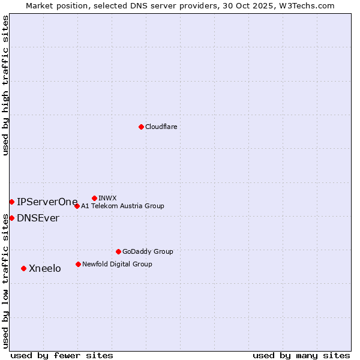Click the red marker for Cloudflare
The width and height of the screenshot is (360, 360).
141,127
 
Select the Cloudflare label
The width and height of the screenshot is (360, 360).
161,127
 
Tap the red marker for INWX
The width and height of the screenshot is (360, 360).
94,198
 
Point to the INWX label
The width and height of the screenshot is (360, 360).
107,198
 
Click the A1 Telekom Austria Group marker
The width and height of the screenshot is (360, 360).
77,206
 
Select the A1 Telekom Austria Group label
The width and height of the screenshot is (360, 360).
122,206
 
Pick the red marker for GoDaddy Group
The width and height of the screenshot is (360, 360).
118,251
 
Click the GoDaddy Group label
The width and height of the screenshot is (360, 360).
147,251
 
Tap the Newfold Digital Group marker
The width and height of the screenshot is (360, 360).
78,264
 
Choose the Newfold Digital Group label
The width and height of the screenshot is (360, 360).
117,264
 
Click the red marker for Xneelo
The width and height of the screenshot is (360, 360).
23,268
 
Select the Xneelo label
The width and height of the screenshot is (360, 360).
45,268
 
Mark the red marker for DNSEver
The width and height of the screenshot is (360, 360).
11,218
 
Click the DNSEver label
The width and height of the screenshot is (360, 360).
38,218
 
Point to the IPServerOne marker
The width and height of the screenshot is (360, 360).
11,202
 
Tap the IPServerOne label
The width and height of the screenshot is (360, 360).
47,202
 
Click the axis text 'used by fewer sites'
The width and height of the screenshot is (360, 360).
62,355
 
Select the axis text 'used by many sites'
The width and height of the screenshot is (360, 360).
301,355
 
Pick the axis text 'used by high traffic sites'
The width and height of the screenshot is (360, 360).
5,85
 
